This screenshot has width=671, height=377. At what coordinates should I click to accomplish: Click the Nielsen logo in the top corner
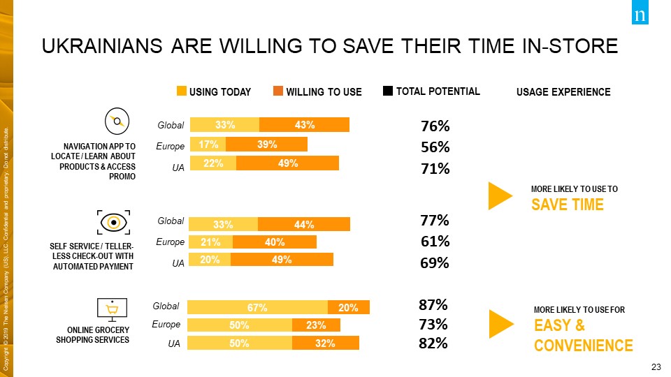640,15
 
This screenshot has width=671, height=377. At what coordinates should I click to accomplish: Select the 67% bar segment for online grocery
257,307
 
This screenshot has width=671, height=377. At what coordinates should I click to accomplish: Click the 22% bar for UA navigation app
213,163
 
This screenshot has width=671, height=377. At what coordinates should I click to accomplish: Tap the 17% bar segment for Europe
208,145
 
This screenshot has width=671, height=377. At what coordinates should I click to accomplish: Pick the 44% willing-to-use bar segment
304,225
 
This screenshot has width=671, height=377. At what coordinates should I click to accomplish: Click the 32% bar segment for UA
326,343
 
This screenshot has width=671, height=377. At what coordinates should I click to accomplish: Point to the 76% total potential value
435,126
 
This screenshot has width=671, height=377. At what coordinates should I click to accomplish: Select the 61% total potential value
435,242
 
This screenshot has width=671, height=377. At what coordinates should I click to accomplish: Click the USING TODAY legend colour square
182,91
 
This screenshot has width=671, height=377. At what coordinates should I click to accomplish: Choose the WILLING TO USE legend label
324,92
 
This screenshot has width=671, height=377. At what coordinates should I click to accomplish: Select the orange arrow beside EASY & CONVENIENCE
501,322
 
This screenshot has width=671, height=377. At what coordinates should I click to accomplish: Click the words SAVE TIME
568,205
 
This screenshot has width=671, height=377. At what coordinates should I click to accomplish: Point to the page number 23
655,367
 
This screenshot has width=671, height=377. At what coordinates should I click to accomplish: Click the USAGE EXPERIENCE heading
563,92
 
